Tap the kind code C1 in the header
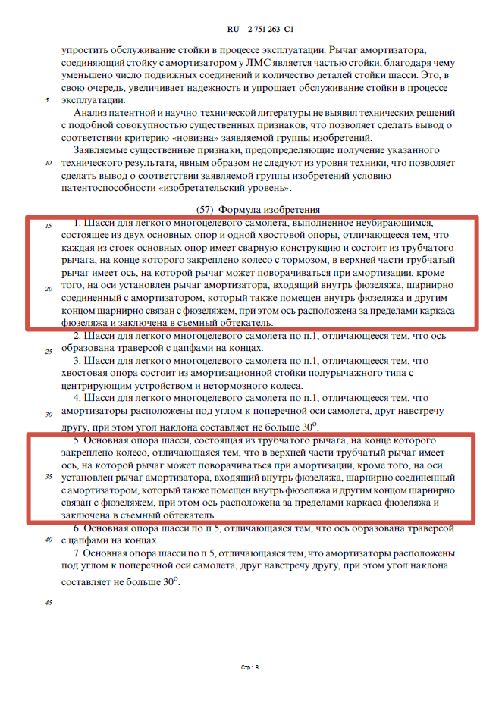(289, 29)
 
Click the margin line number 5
(47, 100)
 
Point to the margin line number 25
(48, 352)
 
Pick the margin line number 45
(48, 602)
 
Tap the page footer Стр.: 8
(250, 668)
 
